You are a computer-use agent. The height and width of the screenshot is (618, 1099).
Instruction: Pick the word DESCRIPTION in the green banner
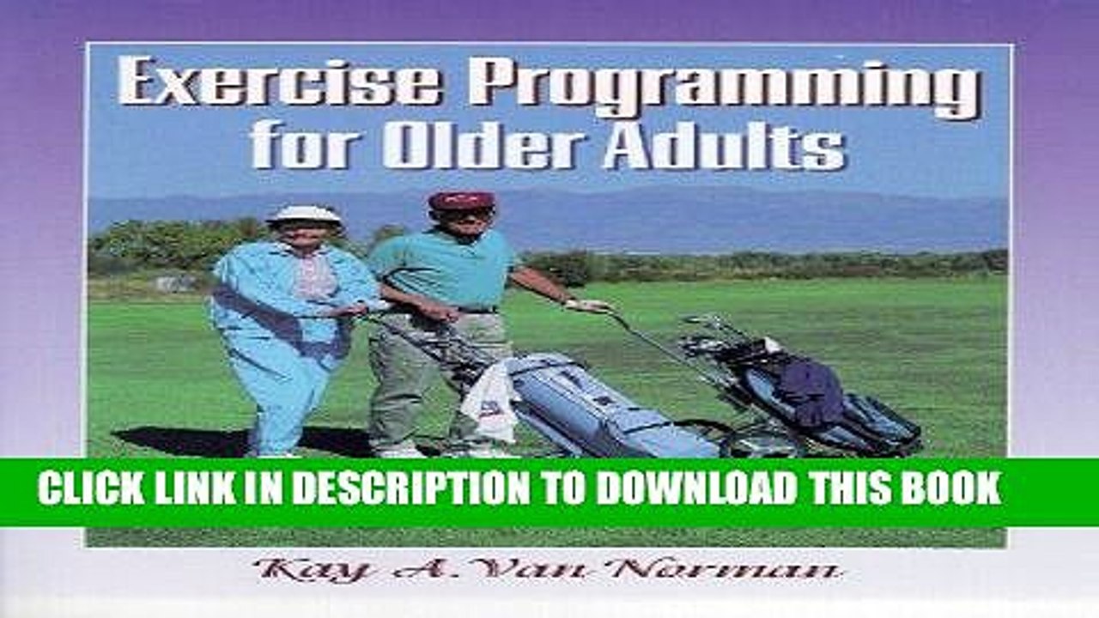(x=413, y=488)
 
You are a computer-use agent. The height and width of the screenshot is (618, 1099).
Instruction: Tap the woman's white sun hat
(x=304, y=215)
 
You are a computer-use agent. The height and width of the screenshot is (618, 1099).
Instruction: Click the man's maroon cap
(x=461, y=201)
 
